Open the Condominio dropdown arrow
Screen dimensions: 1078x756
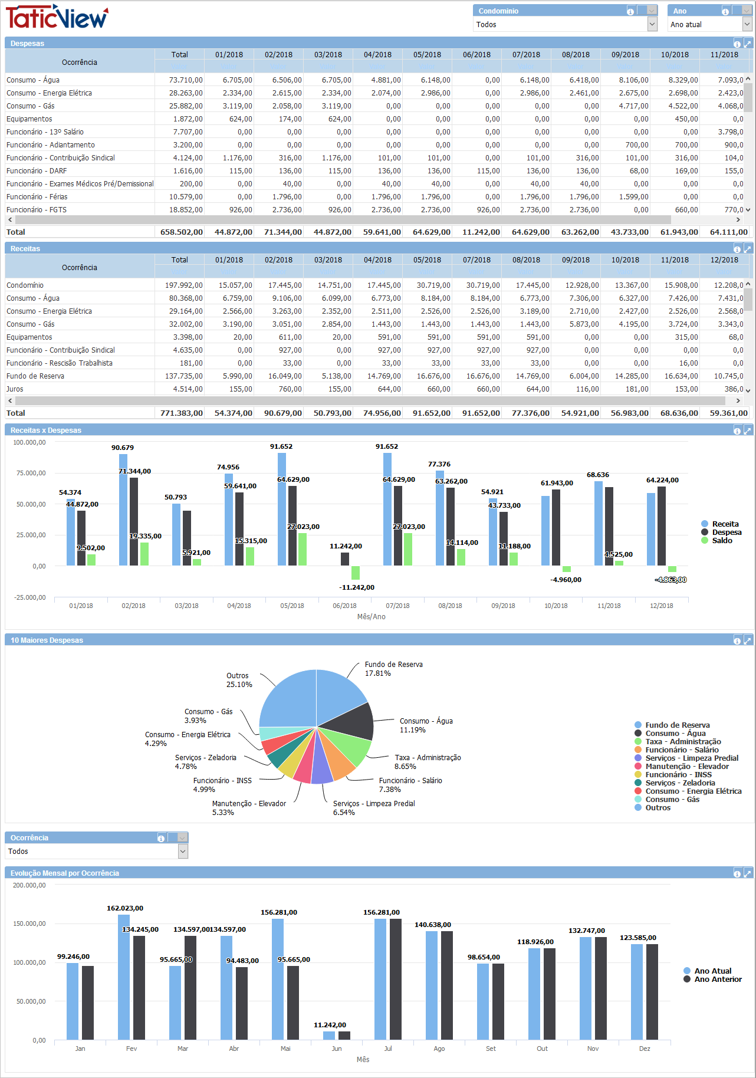tap(652, 24)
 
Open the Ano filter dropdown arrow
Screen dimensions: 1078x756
tap(747, 24)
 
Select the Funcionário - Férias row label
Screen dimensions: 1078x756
tap(37, 197)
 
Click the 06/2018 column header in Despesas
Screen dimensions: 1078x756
tap(476, 55)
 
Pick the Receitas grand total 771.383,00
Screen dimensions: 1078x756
tap(181, 413)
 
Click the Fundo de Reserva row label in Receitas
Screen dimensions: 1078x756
tap(35, 376)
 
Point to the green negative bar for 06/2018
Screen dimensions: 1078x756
tap(356, 573)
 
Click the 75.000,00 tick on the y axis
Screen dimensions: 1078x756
tap(29, 473)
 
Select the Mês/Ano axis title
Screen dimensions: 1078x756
tap(371, 617)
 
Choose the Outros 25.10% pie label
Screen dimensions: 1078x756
tap(239, 681)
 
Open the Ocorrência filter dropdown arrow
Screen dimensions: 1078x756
tap(183, 851)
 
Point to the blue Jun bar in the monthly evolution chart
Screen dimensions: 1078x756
tap(329, 1036)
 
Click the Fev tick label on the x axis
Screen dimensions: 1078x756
tap(132, 1049)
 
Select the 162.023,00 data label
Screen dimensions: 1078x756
tap(124, 908)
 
